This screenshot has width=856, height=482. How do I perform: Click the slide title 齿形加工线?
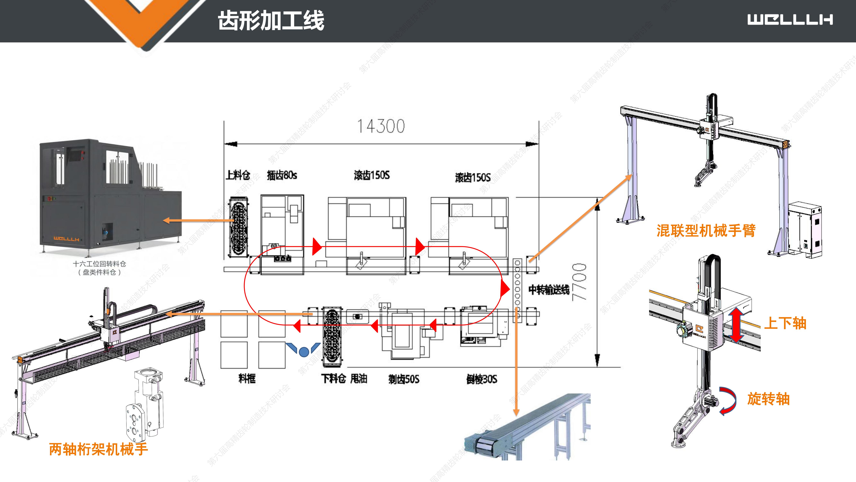(x=271, y=21)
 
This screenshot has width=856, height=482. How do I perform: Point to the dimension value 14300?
(x=381, y=126)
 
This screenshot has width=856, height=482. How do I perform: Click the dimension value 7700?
(x=579, y=282)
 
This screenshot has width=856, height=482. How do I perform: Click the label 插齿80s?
(x=282, y=175)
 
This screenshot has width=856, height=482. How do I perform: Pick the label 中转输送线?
(x=549, y=290)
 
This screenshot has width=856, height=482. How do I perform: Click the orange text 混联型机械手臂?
(x=706, y=231)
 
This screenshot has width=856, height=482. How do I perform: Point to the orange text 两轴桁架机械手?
(x=98, y=449)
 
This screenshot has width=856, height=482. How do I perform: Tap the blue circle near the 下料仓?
(x=304, y=352)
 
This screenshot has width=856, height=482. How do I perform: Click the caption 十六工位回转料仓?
(x=99, y=264)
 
